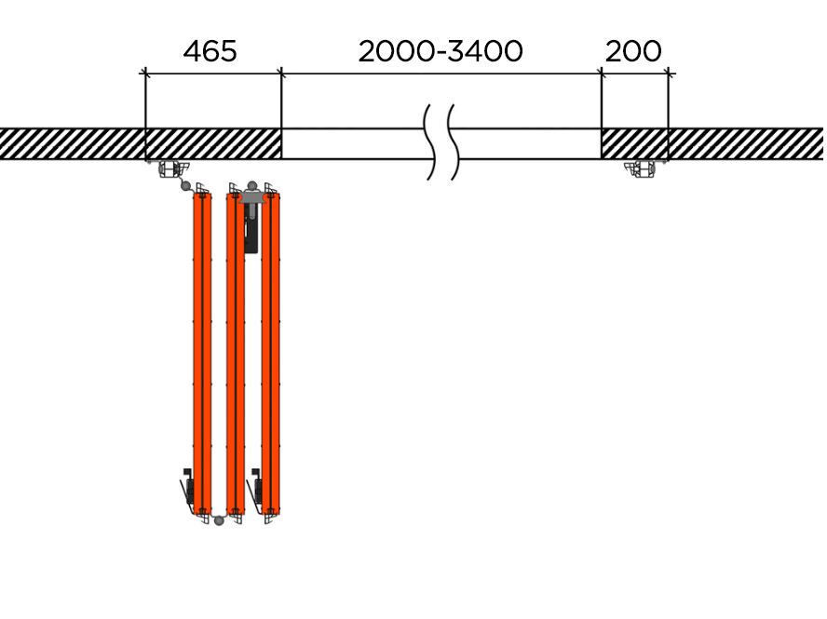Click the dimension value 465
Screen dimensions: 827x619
click(210, 52)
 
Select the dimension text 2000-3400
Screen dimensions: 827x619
click(441, 52)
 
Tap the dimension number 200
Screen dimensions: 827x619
click(633, 52)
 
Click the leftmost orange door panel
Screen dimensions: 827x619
click(202, 354)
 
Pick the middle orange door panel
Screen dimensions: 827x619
click(236, 354)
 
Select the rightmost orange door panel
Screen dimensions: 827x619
click(271, 354)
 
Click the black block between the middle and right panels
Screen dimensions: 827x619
click(251, 228)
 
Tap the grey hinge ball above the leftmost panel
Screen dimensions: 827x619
click(185, 185)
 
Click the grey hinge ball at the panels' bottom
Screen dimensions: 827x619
click(219, 521)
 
